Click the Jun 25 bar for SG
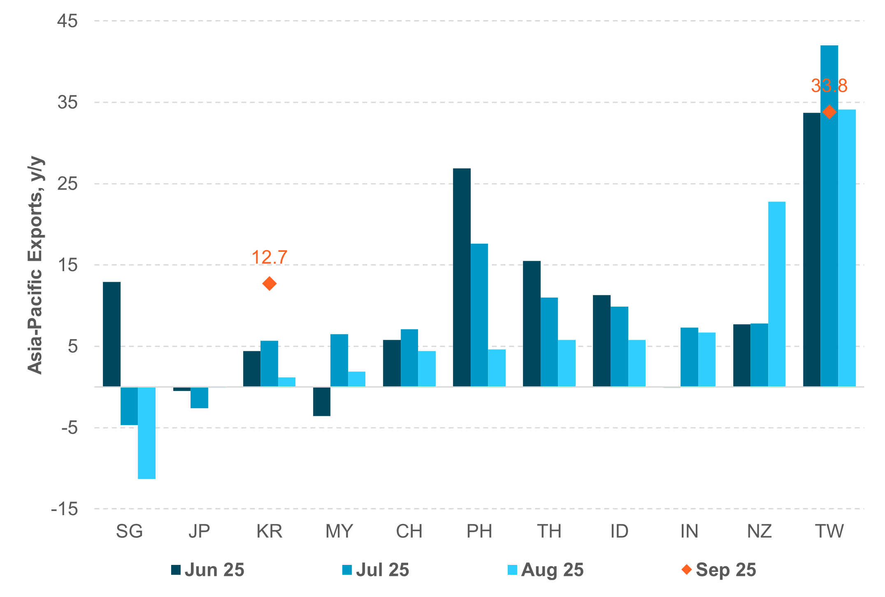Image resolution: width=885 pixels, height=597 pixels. point(111,334)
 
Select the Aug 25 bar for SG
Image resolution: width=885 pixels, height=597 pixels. point(146,433)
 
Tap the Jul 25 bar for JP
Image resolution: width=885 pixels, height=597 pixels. point(199,397)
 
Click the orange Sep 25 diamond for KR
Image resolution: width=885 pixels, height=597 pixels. point(269,283)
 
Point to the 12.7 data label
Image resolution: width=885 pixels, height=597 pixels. point(269,258)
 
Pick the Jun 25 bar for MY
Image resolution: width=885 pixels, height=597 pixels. point(321,402)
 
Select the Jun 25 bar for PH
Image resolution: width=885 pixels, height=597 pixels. point(462,277)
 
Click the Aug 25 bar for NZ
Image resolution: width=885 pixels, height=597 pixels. point(776,294)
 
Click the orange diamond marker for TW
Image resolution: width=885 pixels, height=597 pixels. point(829,112)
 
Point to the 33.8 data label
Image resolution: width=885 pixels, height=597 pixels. point(829,86)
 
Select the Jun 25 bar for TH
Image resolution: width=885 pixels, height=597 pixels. point(532,324)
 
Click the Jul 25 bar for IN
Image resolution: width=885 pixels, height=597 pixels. point(689,357)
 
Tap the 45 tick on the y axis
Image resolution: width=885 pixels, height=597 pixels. point(67,21)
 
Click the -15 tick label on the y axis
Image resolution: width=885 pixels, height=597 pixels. point(65,509)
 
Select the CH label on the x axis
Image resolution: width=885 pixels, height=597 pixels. point(409,532)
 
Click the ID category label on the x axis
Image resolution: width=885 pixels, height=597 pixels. point(619,532)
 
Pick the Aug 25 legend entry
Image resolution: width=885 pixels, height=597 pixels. point(546,570)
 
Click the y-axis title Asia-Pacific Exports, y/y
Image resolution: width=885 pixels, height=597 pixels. point(35,265)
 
